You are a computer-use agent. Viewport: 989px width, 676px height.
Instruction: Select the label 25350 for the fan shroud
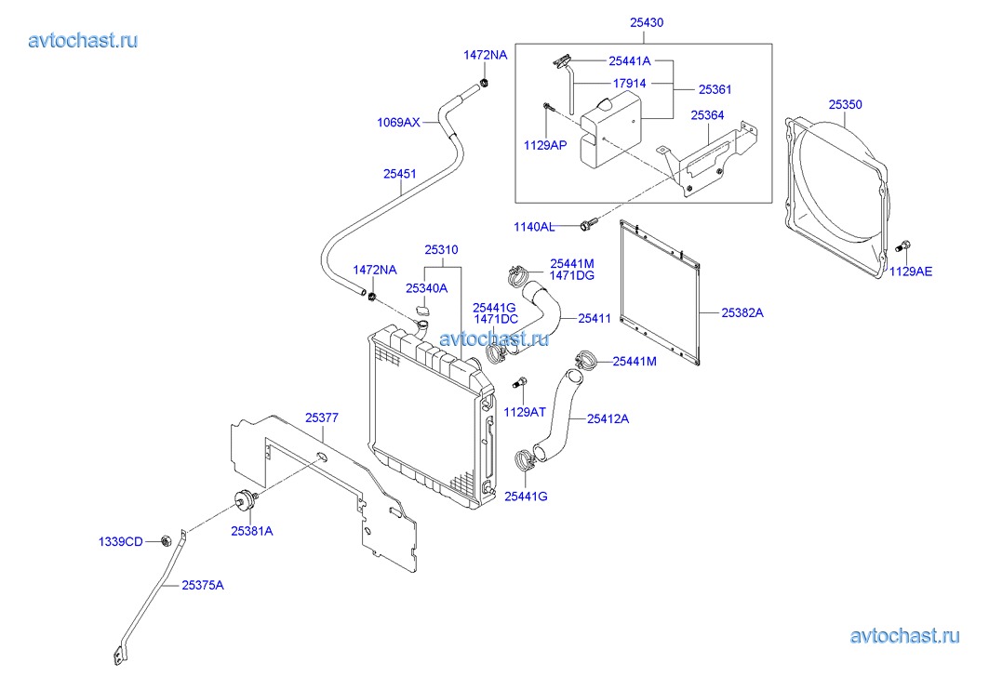[x=845, y=105]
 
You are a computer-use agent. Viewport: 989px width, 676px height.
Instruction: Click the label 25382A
[x=742, y=313]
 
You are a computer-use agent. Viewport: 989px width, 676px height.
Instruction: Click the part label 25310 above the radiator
[x=441, y=249]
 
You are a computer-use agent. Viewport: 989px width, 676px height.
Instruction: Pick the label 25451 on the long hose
[x=399, y=173]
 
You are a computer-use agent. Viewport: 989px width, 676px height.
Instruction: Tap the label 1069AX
[x=398, y=122]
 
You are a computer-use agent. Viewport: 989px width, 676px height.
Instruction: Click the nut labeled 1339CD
[x=165, y=540]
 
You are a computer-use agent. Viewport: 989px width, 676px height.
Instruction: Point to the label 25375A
[x=202, y=585]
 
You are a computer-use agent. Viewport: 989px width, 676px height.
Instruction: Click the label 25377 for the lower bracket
[x=322, y=418]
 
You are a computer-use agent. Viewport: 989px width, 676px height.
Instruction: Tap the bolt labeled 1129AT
[x=521, y=383]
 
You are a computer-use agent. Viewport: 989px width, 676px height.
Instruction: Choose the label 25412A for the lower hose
[x=608, y=418]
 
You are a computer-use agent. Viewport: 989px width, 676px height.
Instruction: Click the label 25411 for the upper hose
[x=594, y=318]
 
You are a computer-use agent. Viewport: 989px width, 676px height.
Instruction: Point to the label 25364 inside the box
[x=707, y=115]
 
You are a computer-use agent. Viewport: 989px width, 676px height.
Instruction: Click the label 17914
[x=630, y=84]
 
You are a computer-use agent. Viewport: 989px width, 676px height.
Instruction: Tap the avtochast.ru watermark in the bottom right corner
[x=904, y=636]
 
